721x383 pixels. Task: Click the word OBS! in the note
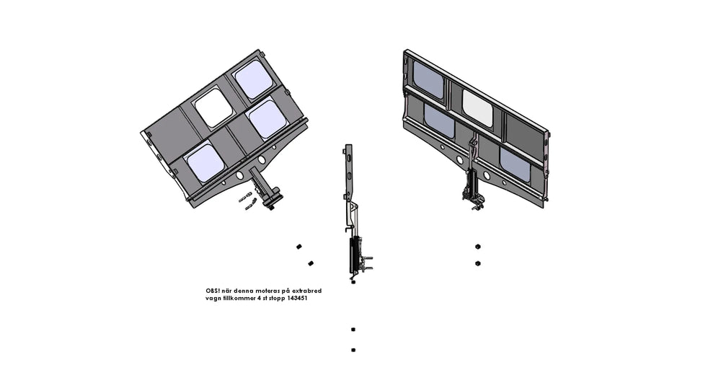pos(213,291)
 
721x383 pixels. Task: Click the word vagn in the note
pos(213,299)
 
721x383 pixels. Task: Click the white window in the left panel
pos(214,108)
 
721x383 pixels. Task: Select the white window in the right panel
pos(478,108)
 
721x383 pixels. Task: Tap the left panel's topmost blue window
pos(254,79)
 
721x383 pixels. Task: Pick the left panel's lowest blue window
pos(205,162)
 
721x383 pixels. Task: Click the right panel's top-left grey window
pos(428,79)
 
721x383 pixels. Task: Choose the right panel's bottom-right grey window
pos(515,164)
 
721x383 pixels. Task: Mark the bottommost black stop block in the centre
pos(353,350)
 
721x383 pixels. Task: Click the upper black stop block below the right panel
pos(478,247)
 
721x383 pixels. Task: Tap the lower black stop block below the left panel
pos(311,263)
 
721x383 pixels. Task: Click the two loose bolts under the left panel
pos(247,201)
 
